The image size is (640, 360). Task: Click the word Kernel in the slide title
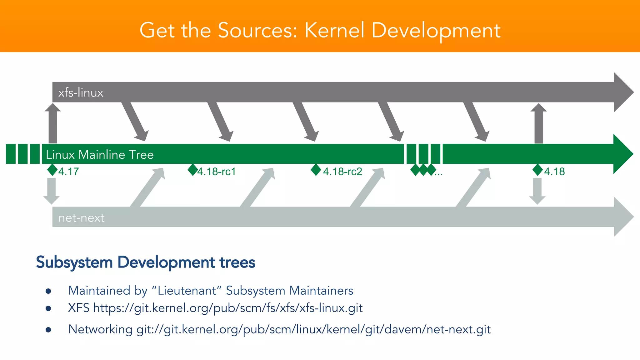click(335, 31)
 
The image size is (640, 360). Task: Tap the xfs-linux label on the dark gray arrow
click(81, 93)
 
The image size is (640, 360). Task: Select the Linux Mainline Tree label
click(100, 155)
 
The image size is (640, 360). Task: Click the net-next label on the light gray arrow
click(81, 218)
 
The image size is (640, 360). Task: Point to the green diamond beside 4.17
click(52, 170)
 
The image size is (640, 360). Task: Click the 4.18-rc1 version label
click(217, 172)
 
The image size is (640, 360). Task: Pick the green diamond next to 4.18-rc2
click(316, 170)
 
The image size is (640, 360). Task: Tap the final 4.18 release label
click(554, 172)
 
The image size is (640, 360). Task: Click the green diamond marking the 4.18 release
click(537, 170)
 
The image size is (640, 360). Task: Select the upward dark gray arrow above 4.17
click(52, 123)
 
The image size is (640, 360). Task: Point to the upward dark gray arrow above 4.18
click(538, 123)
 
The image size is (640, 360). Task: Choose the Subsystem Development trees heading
click(146, 262)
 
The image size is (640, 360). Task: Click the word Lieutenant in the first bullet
click(187, 291)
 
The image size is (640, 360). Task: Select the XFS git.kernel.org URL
click(228, 308)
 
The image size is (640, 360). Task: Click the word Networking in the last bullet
click(100, 329)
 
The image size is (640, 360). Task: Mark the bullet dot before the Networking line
click(48, 330)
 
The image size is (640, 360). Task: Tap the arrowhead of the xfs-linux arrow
click(623, 92)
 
